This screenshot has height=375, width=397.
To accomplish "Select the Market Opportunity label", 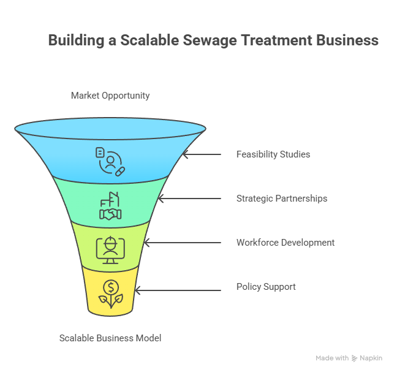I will [x=110, y=96].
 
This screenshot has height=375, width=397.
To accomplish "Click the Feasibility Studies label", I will [x=273, y=154].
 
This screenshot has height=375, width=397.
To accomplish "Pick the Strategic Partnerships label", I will [x=282, y=199].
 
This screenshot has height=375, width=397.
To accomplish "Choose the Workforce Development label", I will [x=285, y=243].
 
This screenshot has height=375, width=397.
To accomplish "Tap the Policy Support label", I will [x=266, y=287].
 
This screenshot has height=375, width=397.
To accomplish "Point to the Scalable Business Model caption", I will [x=110, y=338].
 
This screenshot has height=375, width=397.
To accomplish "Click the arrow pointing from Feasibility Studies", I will [x=202, y=154].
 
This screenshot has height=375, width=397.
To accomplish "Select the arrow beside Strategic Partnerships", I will [x=189, y=199].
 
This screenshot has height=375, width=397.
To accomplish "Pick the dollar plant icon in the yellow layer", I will [x=110, y=293].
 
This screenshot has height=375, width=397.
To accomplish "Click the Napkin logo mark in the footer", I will [x=354, y=358].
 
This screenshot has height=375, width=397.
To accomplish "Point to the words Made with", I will [x=332, y=358].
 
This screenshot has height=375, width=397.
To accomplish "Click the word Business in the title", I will [x=347, y=41].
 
